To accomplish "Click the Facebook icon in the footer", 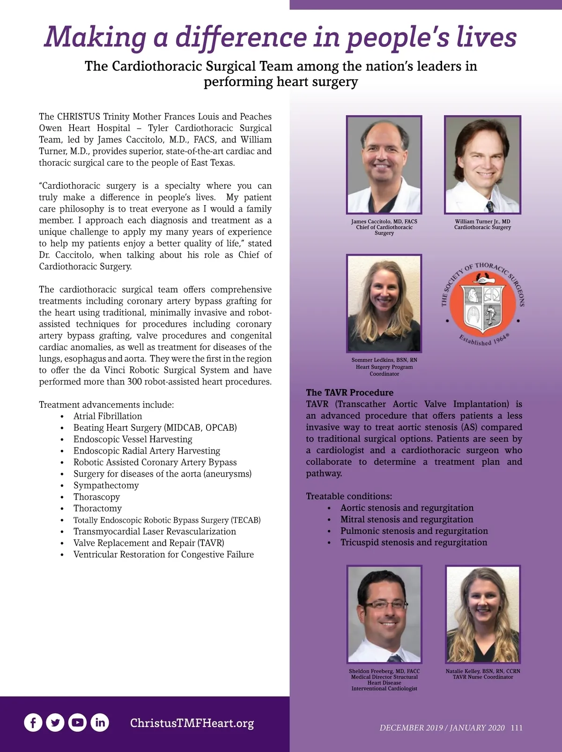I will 33,723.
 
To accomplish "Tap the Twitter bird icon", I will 55,723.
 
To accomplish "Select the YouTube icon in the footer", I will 77,723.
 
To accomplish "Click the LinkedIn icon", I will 99,723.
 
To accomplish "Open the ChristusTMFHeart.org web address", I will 192,723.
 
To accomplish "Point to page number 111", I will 517,728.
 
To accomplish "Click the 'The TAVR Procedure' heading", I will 349,392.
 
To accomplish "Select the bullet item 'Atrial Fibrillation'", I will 107,416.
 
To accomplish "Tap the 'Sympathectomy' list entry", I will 106,485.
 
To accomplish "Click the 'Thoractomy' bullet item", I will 97,508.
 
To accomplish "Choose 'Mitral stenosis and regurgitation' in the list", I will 407,519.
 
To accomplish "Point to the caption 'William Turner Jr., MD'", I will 482,221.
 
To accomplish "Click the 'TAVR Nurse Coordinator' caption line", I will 482,677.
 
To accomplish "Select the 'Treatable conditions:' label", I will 349,496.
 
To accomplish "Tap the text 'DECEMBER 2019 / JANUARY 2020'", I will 442,728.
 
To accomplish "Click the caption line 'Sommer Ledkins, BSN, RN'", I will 384,360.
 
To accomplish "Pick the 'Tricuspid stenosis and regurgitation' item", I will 414,542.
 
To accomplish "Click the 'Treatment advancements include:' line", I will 106,405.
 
